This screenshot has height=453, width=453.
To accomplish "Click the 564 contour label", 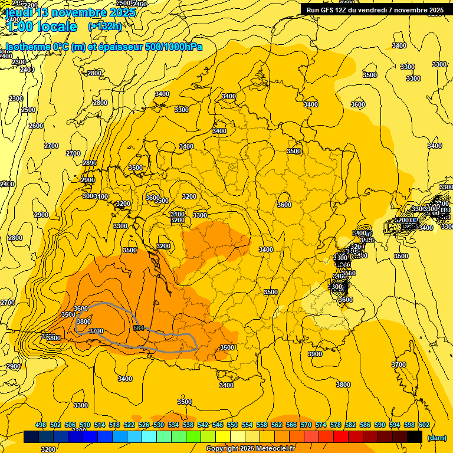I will point(139,328).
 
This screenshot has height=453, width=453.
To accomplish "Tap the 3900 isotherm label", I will point(315,354).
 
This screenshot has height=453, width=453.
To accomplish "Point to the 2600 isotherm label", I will point(36,126).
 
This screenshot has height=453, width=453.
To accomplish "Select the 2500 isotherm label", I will point(28,110).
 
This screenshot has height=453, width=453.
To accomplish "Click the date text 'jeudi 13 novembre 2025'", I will point(70,12).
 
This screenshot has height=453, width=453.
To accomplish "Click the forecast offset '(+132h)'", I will point(104,27).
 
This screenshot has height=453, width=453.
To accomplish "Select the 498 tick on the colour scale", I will point(41,425).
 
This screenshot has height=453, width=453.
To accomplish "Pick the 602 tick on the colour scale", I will point(424,425).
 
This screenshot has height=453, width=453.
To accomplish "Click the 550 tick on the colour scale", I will point(232,425).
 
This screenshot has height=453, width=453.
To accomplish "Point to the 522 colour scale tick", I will point(129,425).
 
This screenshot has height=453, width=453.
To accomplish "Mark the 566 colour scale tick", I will point(291,425).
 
